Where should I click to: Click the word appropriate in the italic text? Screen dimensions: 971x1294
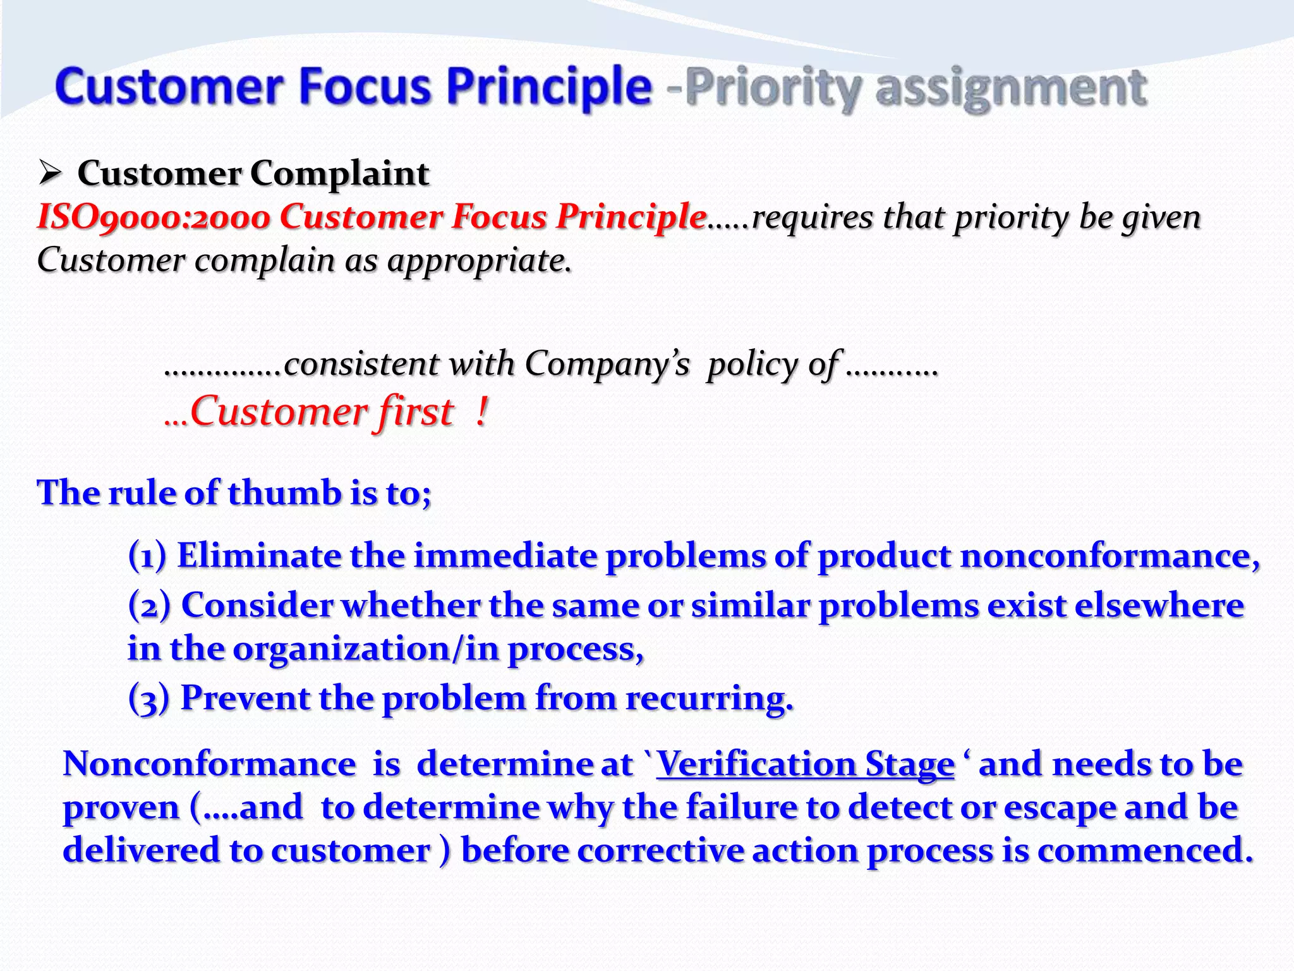tap(479, 260)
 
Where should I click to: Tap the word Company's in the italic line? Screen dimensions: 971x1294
tap(607, 364)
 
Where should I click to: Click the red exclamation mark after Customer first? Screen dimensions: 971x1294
tap(481, 412)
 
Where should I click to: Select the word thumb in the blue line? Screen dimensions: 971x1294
tap(284, 492)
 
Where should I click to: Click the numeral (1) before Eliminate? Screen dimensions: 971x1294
tap(147, 556)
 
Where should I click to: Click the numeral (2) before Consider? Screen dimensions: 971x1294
tap(149, 605)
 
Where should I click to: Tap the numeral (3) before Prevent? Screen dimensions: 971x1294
tap(148, 699)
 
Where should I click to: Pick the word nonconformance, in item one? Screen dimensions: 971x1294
tap(1110, 556)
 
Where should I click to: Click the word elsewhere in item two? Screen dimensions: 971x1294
tap(1159, 605)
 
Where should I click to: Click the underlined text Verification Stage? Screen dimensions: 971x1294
tap(805, 764)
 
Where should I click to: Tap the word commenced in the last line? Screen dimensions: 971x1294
tap(1144, 850)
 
